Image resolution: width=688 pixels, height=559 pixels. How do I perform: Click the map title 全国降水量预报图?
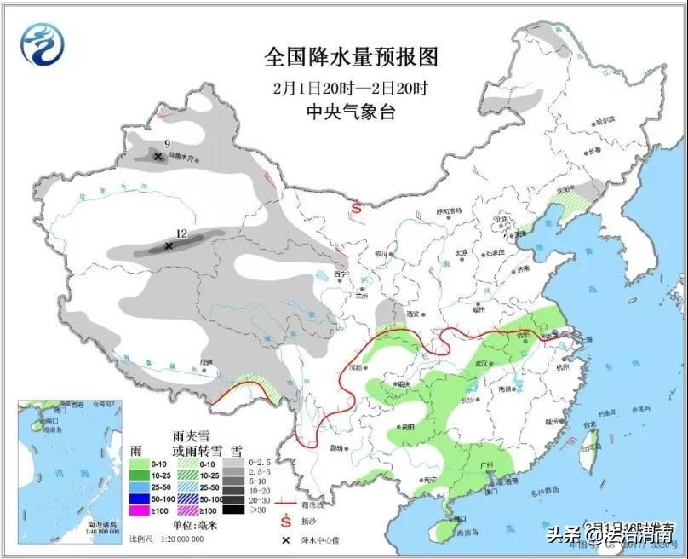351,58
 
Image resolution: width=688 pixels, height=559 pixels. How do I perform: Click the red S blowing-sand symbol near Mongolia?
358,207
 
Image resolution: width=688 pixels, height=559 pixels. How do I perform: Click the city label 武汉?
483,364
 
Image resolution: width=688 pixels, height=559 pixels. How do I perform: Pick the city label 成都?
356,368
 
